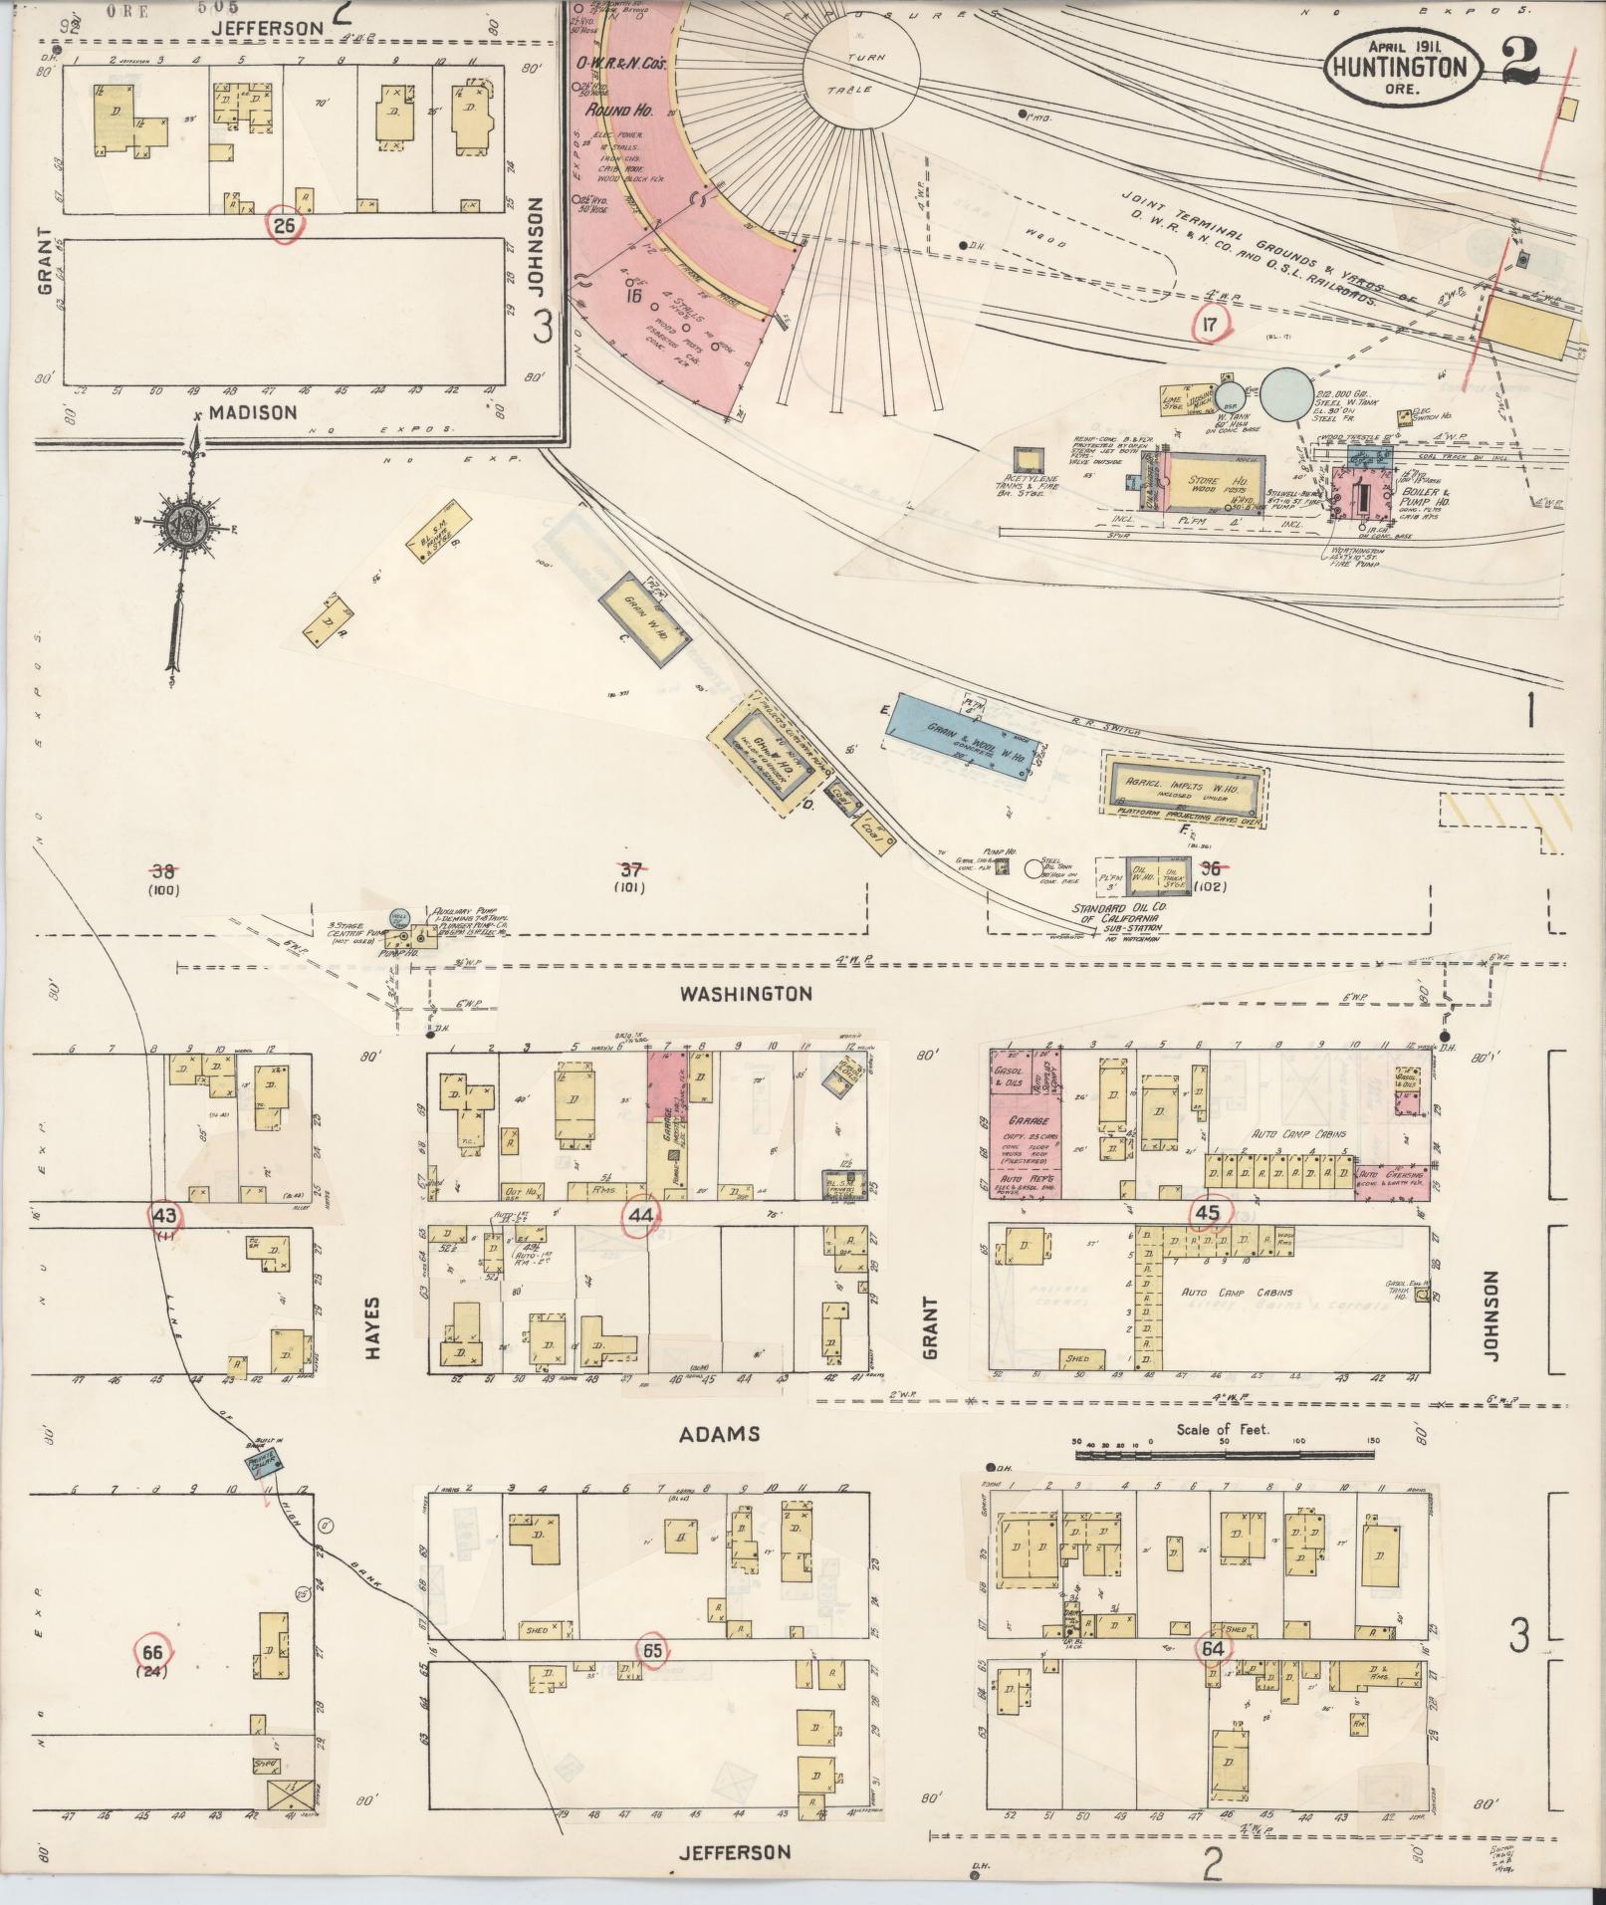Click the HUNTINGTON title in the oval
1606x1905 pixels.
(1402, 68)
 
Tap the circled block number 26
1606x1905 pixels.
(285, 226)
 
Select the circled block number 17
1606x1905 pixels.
(1210, 324)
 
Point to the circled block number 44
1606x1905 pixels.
(641, 1214)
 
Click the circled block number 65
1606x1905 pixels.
(653, 1650)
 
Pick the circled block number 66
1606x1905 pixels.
(152, 1650)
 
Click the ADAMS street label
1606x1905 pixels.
(720, 1434)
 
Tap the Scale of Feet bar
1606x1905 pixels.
(1225, 1456)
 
